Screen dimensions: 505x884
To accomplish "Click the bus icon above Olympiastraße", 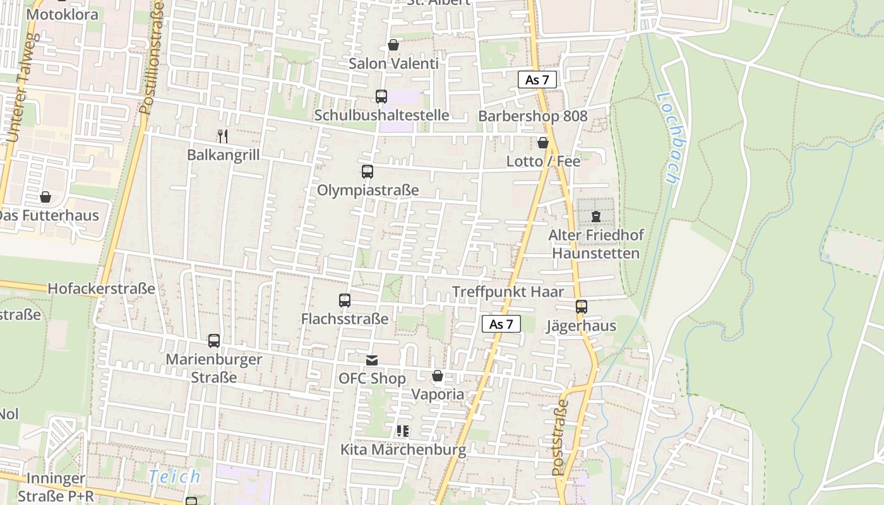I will point(367,171).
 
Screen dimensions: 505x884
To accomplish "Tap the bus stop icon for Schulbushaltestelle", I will point(381,97).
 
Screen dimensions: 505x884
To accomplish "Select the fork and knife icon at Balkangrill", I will point(222,136).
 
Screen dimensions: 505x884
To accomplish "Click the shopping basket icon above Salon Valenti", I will point(393,45).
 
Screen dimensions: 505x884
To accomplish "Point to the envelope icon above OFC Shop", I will point(372,360).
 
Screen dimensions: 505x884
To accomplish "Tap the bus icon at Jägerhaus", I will point(582,307).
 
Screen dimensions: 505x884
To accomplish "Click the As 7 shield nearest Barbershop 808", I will point(537,80).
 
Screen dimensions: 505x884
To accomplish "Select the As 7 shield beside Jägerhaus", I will point(501,324).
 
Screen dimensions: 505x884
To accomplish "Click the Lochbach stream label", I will point(667,138).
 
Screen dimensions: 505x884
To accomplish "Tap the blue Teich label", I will point(175,477).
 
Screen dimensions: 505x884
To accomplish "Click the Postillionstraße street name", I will point(152,58).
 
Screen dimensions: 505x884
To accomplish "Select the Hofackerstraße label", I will point(101,288).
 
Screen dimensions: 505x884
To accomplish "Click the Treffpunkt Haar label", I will point(508,292).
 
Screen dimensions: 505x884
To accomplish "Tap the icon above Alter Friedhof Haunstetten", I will point(595,217).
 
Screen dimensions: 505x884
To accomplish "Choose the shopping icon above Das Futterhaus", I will point(45,198).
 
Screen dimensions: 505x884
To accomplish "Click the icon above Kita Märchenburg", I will point(403,431).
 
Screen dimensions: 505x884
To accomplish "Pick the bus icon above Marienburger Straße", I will point(214,341).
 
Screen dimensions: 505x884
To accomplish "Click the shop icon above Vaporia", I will point(438,376).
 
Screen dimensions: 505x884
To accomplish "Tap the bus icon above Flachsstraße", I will point(345,300).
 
